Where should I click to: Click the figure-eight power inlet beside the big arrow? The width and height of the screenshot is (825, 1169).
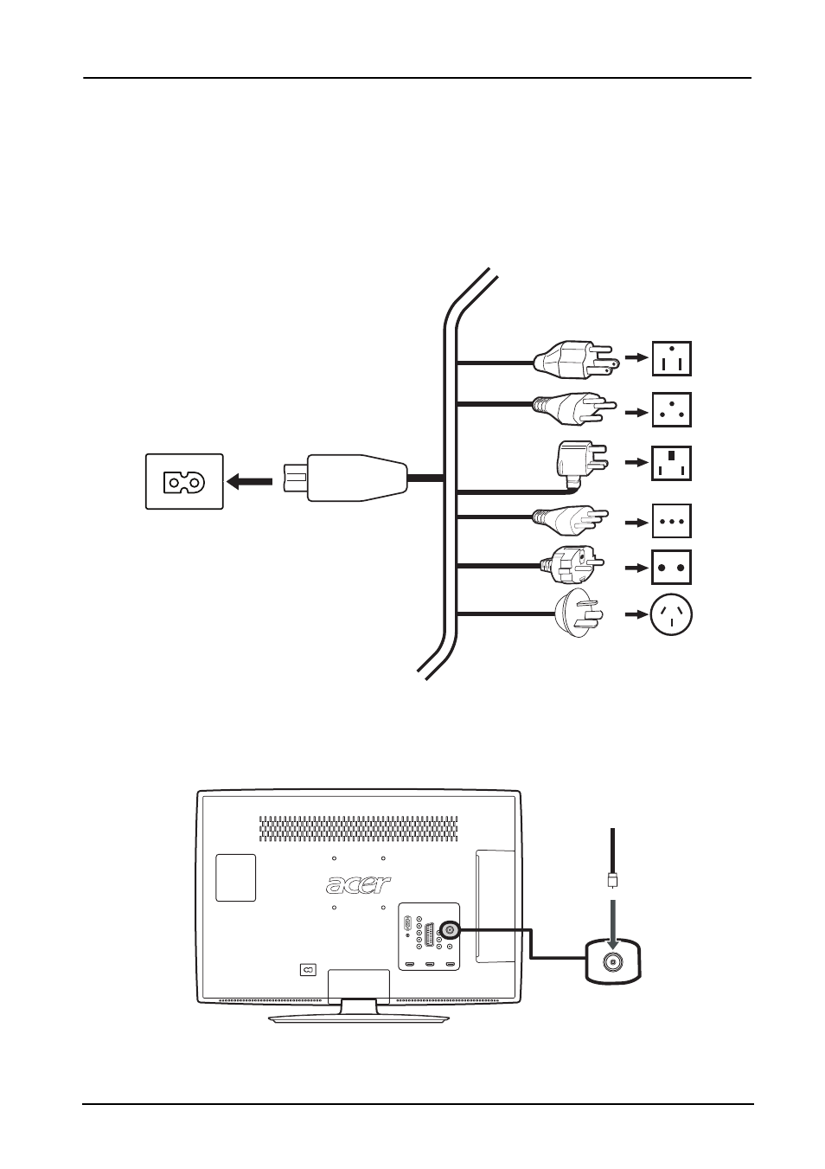pyautogui.click(x=184, y=482)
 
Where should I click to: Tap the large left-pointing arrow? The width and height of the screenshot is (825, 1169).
pyautogui.click(x=249, y=482)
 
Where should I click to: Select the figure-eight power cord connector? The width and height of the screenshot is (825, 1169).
pyautogui.click(x=345, y=478)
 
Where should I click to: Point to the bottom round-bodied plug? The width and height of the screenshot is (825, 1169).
pyautogui.click(x=579, y=614)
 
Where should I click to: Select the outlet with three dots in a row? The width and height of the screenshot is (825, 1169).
pyautogui.click(x=672, y=521)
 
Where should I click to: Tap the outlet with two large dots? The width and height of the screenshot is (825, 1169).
pyautogui.click(x=672, y=568)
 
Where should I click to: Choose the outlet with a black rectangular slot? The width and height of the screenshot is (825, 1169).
pyautogui.click(x=672, y=463)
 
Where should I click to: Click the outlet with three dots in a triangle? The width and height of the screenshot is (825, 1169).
pyautogui.click(x=672, y=409)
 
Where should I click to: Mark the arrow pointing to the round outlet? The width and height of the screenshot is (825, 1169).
pyautogui.click(x=636, y=614)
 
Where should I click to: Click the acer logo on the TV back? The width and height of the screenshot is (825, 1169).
pyautogui.click(x=359, y=884)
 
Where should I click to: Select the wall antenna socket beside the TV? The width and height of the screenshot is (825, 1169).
pyautogui.click(x=613, y=961)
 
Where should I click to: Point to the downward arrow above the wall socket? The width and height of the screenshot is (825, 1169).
pyautogui.click(x=613, y=923)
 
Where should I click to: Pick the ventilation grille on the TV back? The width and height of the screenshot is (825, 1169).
pyautogui.click(x=359, y=828)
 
